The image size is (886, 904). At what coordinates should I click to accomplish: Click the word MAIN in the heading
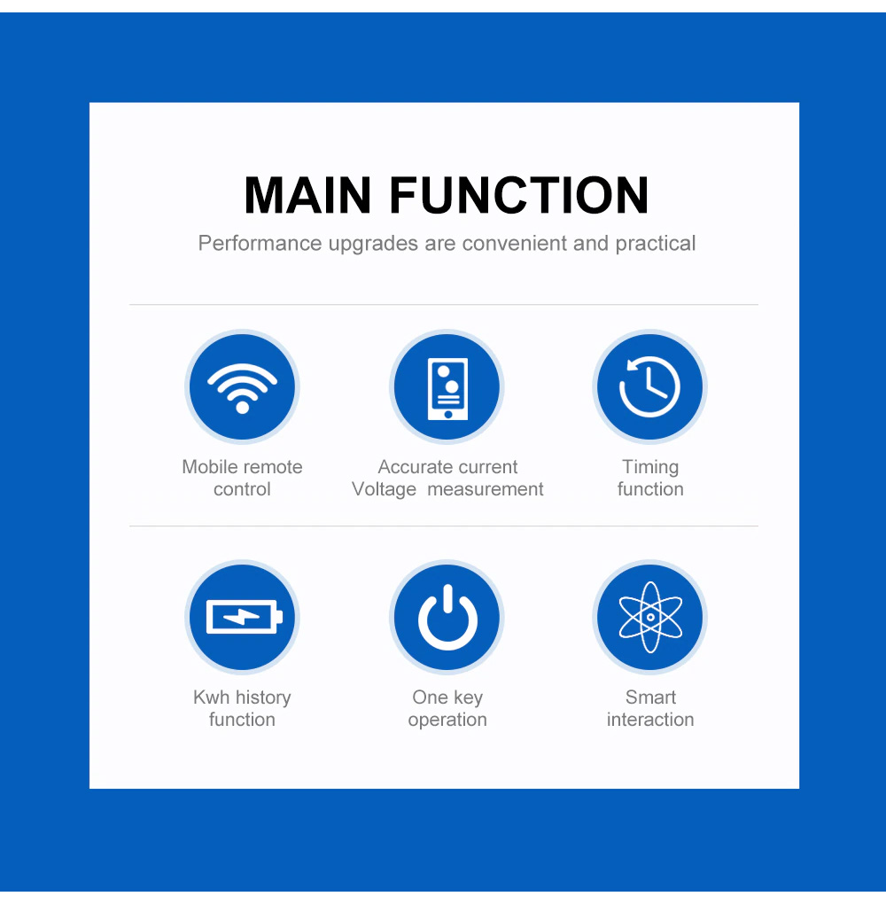point(307,195)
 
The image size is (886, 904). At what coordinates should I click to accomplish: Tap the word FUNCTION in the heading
point(519,195)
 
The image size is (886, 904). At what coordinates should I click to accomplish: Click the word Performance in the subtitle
point(260,244)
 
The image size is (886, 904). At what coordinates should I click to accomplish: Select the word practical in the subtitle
point(656,244)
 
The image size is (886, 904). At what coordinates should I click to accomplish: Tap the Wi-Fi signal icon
point(242,388)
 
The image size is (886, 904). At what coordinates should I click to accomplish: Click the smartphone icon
point(448,388)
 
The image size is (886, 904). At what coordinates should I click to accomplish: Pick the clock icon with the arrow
point(649,386)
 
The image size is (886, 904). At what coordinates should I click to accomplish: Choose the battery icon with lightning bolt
point(244,616)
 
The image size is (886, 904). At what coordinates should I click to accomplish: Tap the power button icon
point(448,618)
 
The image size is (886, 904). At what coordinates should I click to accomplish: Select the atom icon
point(650,617)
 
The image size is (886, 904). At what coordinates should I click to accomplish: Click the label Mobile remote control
point(242,478)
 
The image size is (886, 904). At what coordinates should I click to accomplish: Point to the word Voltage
point(384,489)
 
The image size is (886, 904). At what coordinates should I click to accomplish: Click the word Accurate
point(413,467)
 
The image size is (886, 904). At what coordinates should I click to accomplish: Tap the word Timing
point(650,467)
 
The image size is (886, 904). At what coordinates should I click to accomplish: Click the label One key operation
point(447,708)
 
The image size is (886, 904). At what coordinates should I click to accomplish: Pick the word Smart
point(650,697)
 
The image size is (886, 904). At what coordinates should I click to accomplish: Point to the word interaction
point(650,720)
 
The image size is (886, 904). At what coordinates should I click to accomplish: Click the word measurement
point(486,489)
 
